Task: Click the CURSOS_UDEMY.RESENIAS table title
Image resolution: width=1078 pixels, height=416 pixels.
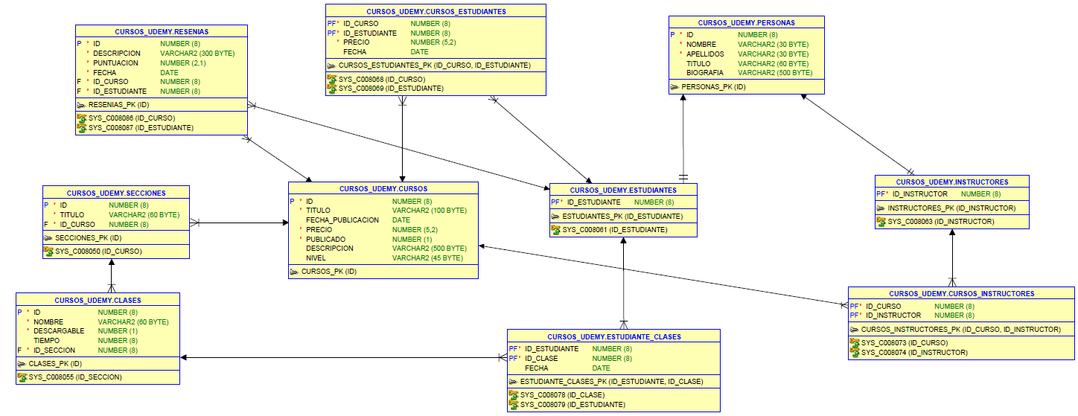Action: (x=162, y=32)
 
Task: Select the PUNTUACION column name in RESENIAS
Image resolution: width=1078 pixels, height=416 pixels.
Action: (x=115, y=63)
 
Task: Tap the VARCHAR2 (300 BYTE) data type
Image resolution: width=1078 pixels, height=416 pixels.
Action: (x=197, y=54)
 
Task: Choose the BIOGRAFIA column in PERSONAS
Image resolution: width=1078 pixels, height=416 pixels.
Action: (x=704, y=73)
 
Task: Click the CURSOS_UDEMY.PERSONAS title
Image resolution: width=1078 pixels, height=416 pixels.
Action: (x=747, y=22)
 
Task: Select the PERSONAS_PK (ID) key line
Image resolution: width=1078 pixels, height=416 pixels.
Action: (x=713, y=87)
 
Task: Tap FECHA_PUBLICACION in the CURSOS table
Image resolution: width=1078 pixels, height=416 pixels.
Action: (x=342, y=220)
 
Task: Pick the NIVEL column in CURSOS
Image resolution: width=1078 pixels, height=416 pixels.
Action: (x=316, y=257)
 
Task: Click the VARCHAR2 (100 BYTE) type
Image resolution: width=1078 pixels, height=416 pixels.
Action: (x=430, y=210)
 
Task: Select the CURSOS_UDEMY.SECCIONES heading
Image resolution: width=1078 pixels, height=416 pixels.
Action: (x=116, y=193)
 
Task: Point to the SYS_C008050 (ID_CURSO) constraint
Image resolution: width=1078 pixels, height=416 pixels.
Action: (x=98, y=251)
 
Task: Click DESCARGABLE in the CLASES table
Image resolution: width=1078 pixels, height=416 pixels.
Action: (x=59, y=331)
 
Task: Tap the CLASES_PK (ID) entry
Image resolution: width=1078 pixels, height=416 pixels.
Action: (x=55, y=364)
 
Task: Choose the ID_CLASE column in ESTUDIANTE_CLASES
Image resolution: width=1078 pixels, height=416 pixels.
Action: (x=541, y=358)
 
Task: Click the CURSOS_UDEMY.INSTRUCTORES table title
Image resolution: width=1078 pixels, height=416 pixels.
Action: (x=952, y=182)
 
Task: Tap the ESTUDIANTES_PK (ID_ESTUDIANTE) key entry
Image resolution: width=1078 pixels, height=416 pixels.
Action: (x=622, y=217)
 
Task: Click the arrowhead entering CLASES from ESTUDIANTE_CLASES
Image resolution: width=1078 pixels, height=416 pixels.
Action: (x=184, y=358)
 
